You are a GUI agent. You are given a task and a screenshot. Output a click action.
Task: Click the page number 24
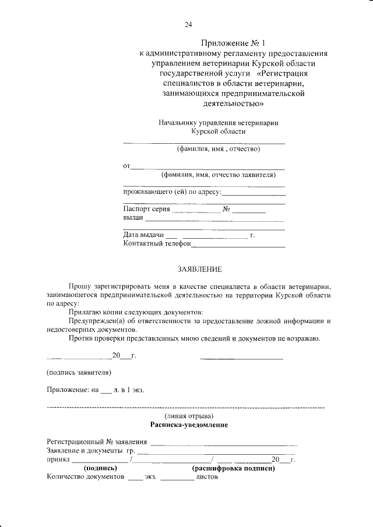click(x=188, y=24)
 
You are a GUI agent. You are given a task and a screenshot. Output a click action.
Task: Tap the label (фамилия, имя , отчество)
click(x=218, y=149)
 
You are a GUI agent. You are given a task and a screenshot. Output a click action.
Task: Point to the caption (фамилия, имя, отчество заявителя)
click(x=218, y=175)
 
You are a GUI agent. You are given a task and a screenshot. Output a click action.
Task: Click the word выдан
click(x=133, y=218)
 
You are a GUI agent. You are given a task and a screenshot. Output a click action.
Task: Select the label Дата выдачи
click(x=143, y=235)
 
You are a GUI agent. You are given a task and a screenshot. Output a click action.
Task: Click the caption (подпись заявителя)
click(x=79, y=372)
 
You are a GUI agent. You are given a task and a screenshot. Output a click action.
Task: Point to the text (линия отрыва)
click(x=189, y=416)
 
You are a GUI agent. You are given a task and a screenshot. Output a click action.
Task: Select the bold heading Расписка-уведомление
click(x=188, y=425)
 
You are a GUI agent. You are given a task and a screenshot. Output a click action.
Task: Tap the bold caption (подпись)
click(x=101, y=468)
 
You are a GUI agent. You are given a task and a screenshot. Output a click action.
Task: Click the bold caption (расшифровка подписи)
click(x=233, y=468)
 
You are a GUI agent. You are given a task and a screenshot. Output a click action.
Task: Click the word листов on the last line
click(x=206, y=477)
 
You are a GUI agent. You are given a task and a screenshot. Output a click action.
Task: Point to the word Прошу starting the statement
click(x=79, y=287)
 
